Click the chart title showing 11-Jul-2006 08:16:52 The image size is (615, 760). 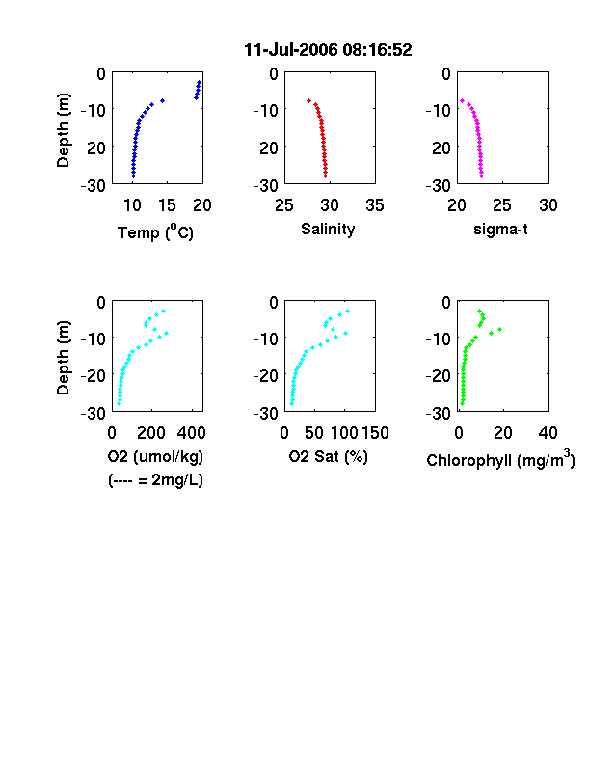(328, 50)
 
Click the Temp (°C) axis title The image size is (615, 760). (155, 232)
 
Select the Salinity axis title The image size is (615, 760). (328, 230)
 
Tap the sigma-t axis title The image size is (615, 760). (500, 230)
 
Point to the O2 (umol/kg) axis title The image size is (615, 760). (155, 457)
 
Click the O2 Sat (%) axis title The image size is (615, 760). (329, 457)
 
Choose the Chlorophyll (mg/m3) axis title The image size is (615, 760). (500, 459)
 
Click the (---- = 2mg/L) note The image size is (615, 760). (155, 480)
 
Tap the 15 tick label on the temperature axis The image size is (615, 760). (167, 205)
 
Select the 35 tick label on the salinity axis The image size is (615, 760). (375, 205)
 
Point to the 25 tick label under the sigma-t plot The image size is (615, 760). (502, 205)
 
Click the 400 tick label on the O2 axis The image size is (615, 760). (191, 433)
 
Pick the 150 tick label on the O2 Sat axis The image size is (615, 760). (375, 433)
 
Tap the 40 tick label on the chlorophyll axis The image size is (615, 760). (548, 433)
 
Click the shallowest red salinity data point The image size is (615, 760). (309, 101)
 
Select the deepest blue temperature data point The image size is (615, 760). (133, 176)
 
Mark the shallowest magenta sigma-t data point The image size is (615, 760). (463, 101)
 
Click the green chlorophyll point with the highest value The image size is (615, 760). (499, 330)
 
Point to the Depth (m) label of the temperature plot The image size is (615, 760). (64, 130)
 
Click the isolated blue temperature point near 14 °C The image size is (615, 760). (163, 101)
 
